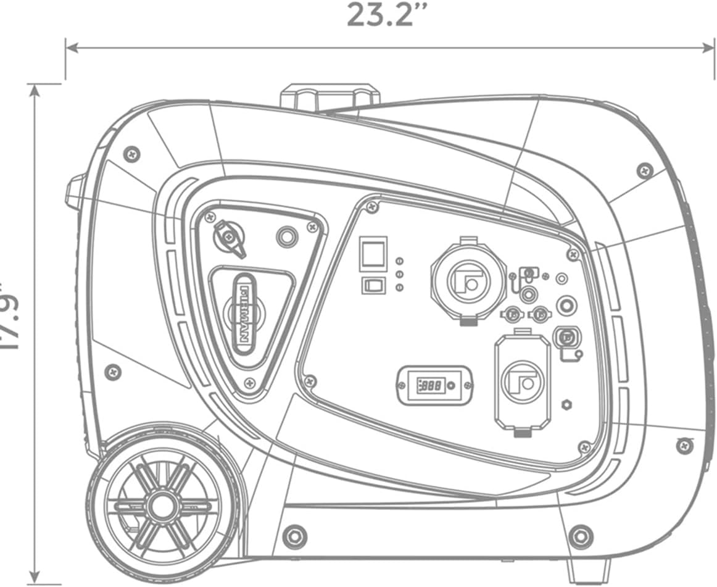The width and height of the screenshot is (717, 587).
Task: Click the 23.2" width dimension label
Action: (379, 15)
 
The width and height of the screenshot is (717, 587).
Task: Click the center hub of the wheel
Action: (162, 506)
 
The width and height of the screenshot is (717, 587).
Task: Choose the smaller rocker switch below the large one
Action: (373, 285)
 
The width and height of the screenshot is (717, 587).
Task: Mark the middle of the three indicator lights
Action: (399, 274)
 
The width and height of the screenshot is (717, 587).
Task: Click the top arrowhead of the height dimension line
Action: (35, 88)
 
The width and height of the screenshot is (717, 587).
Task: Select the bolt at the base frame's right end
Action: (580, 535)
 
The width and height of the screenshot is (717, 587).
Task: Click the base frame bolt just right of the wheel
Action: (294, 535)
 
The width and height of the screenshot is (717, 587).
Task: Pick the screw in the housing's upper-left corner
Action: (130, 154)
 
